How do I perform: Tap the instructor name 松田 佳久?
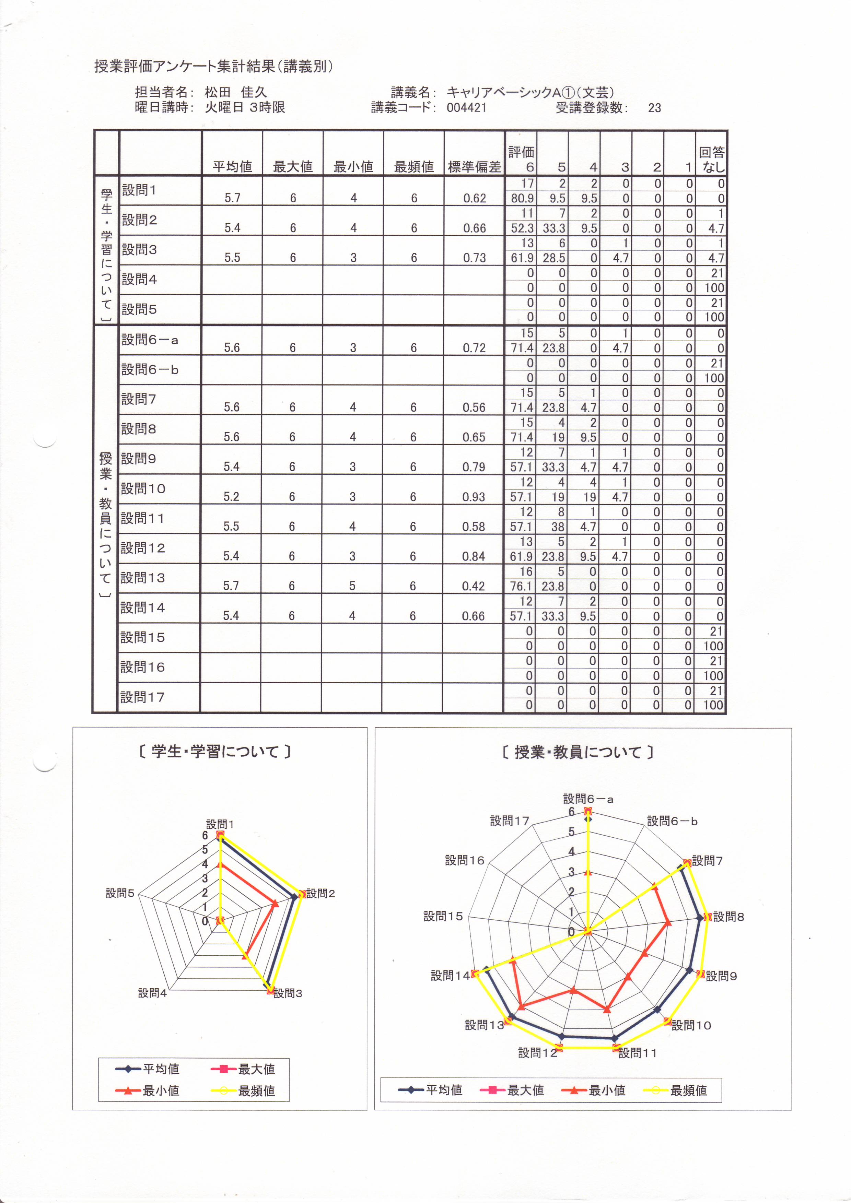(x=235, y=93)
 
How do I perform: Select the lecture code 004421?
(x=466, y=108)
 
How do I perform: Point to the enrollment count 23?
(x=654, y=108)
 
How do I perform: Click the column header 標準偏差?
(x=474, y=167)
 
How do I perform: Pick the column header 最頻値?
(x=413, y=167)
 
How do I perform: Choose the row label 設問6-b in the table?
(x=150, y=370)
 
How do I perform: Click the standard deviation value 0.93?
(x=473, y=497)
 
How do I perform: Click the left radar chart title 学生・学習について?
(x=215, y=752)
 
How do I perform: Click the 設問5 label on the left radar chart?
(x=120, y=893)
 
